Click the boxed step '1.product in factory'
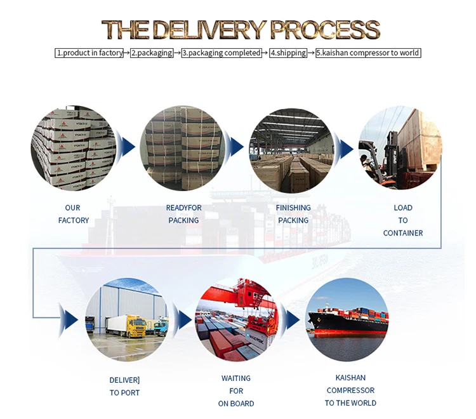[x=89, y=53]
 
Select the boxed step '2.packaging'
[x=152, y=53]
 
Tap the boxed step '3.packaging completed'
[x=221, y=53]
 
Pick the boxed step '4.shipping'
[x=288, y=53]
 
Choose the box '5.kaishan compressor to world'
[x=368, y=53]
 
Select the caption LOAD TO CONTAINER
[x=403, y=220]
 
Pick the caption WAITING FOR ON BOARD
[x=236, y=391]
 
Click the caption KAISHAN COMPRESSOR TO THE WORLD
[x=350, y=390]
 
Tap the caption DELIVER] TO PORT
[x=125, y=387]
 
